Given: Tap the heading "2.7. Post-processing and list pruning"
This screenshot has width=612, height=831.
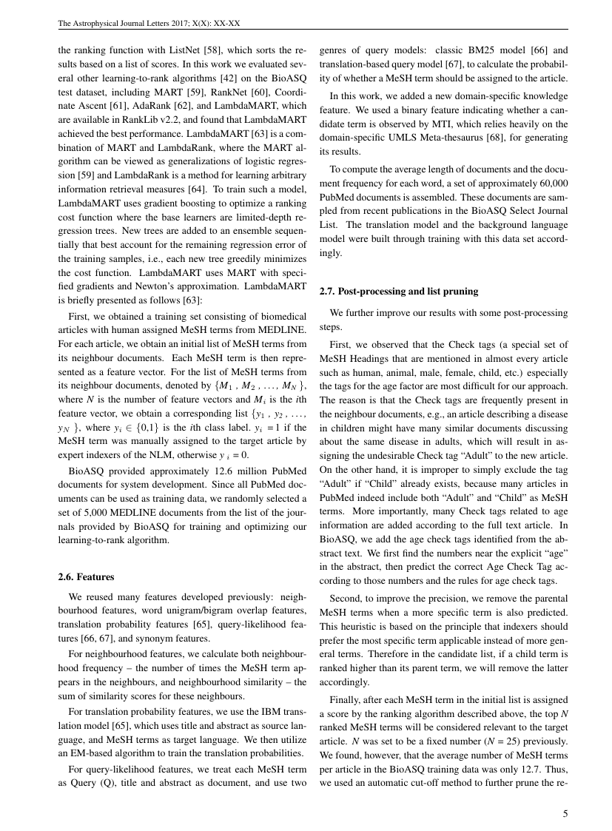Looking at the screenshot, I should click(x=398, y=292).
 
